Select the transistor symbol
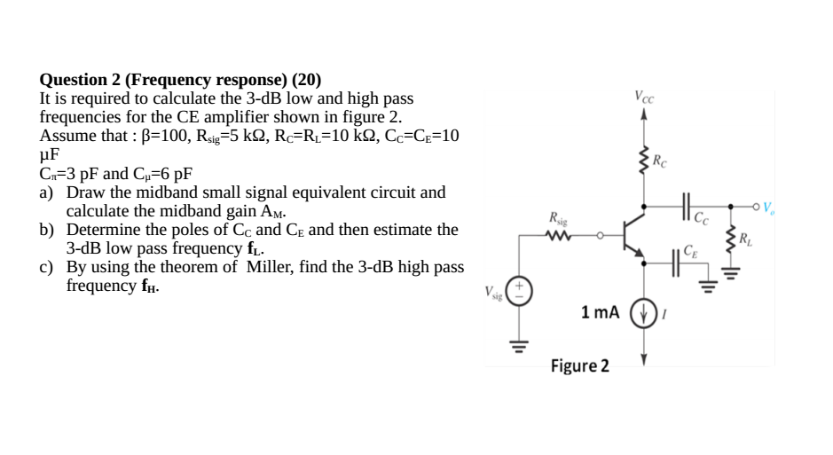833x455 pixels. (633, 235)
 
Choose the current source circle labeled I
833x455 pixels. (641, 312)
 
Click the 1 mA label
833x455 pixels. (601, 312)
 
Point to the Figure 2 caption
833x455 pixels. (579, 365)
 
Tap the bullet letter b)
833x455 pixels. (48, 230)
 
